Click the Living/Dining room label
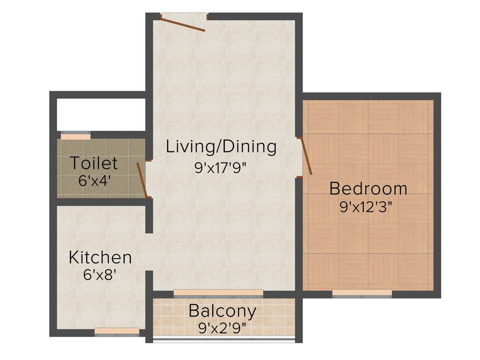click(221, 147)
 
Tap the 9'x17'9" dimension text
click(221, 167)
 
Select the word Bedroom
click(368, 188)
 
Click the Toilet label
click(94, 164)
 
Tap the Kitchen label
click(100, 257)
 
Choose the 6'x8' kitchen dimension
click(100, 275)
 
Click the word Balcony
click(222, 311)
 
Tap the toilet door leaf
click(142, 180)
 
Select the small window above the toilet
click(75, 136)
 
